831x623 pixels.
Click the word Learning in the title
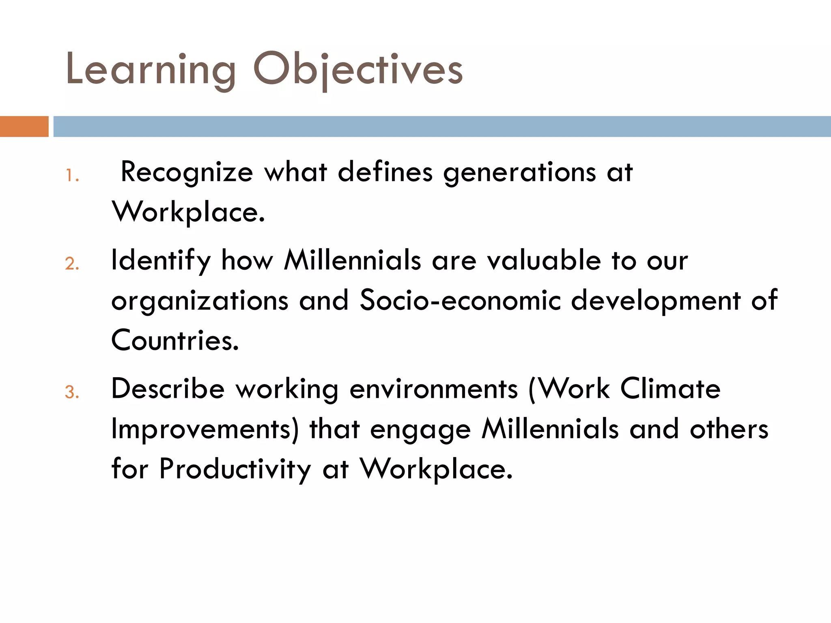[x=151, y=70]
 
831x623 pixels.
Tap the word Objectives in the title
[x=357, y=70]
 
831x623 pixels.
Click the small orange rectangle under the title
[x=24, y=127]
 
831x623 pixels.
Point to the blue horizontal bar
[x=442, y=127]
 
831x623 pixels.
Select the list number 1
[x=72, y=176]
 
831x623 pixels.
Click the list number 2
[x=72, y=264]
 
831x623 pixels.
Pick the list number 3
[x=72, y=393]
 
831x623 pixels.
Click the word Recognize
[x=187, y=172]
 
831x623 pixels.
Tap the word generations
[x=519, y=172]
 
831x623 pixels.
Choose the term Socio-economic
[x=460, y=300]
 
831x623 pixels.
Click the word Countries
[x=175, y=340]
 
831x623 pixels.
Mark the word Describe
[x=168, y=389]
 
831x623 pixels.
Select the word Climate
[x=670, y=389]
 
